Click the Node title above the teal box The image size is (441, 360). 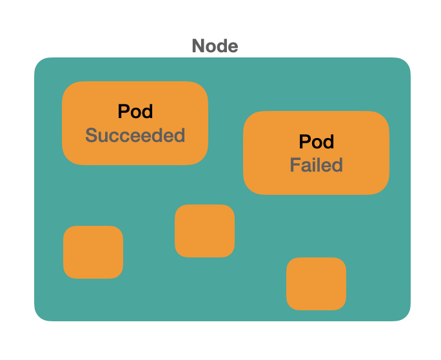[x=215, y=46]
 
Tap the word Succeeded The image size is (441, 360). [x=135, y=135]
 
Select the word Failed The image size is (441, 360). [x=316, y=165]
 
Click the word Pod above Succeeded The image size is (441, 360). [x=135, y=112]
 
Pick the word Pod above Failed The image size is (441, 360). [x=316, y=141]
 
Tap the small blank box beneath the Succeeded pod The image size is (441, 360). [x=93, y=252]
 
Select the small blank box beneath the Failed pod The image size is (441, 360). [x=316, y=284]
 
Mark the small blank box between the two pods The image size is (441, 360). [x=204, y=231]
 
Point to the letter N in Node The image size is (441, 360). [x=198, y=46]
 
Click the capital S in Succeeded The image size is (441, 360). [x=92, y=135]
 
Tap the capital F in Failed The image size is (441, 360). [x=294, y=165]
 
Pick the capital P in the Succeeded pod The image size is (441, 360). [x=123, y=112]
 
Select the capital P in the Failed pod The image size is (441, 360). [x=304, y=141]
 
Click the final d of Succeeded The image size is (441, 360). [x=179, y=135]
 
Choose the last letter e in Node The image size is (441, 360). [x=233, y=47]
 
